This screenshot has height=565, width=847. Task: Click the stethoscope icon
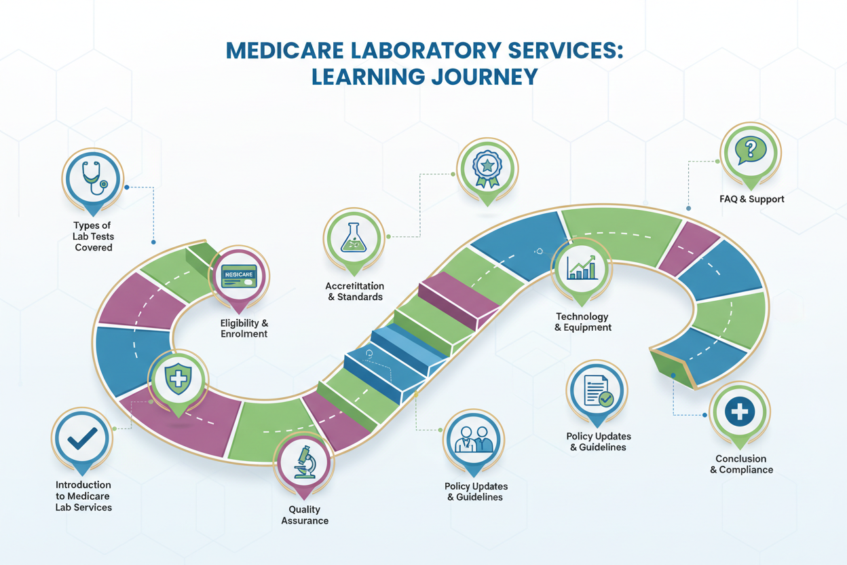pos(94,178)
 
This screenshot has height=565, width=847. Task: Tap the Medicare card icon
pos(239,276)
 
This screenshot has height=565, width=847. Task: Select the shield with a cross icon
pos(178,378)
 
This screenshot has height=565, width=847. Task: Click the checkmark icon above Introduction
pos(82,439)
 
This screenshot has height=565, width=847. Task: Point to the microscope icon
pos(305,462)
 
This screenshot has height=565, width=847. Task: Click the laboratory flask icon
pos(354,238)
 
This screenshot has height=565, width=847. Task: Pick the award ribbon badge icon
pos(487,169)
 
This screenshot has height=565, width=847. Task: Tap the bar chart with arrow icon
pos(582,268)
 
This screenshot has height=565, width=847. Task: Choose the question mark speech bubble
pos(751,150)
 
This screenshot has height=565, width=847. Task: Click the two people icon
pos(474,439)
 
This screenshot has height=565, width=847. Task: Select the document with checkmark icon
pos(597,390)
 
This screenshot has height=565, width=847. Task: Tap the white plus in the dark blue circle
pos(740,412)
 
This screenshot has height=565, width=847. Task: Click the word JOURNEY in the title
pos(485,77)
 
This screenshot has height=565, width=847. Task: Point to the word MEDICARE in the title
pos(285,50)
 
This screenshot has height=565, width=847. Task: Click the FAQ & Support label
pos(752,199)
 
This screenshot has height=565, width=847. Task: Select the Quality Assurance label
pos(305,515)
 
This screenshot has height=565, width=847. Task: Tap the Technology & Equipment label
pos(583,322)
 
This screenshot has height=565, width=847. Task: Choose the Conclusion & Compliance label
pos(742,464)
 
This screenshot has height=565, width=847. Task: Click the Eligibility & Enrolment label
pos(244,328)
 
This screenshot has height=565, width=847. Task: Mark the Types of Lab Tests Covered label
pos(93,236)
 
